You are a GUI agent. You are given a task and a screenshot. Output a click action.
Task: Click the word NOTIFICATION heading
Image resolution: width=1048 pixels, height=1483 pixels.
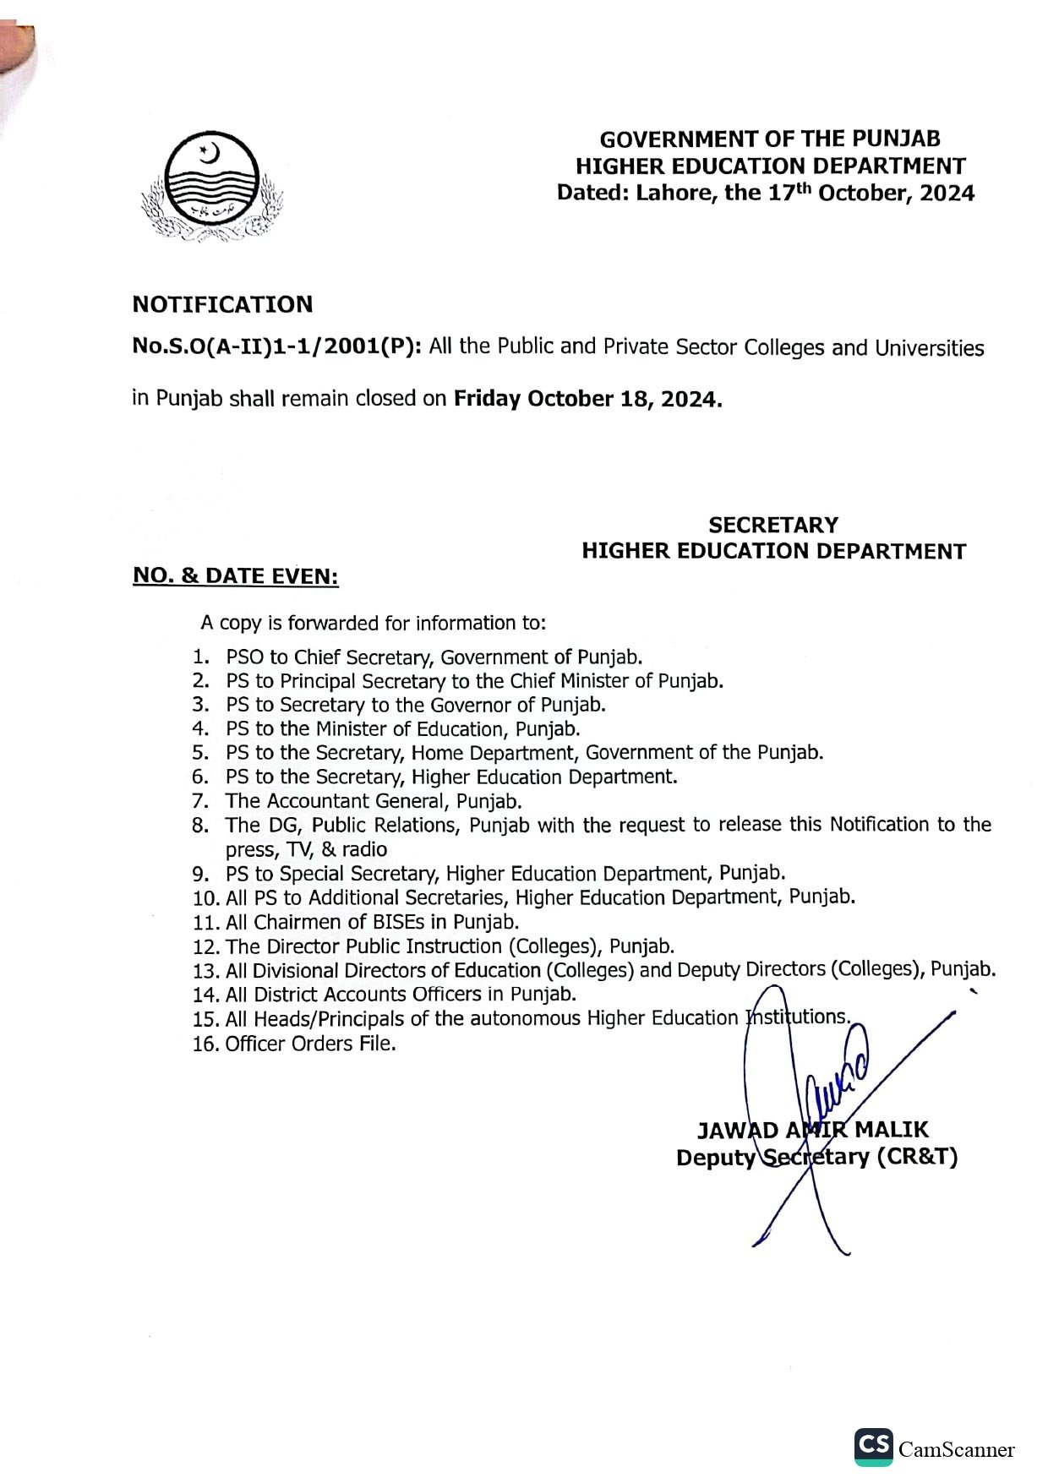pyautogui.click(x=222, y=304)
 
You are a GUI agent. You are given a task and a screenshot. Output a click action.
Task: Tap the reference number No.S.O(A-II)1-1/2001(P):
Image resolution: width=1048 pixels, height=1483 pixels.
pyautogui.click(x=276, y=347)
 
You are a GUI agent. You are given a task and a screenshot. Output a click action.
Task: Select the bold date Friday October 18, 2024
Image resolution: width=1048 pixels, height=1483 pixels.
pyautogui.click(x=588, y=399)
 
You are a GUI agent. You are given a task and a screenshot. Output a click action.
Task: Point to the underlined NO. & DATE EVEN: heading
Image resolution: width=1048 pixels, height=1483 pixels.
pyautogui.click(x=235, y=576)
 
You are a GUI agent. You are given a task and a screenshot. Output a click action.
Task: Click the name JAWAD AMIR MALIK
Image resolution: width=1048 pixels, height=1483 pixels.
pyautogui.click(x=812, y=1130)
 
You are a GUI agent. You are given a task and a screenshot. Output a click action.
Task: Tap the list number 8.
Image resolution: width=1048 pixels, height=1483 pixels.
pyautogui.click(x=200, y=826)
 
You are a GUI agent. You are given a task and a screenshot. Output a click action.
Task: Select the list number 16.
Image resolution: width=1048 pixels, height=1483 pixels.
pyautogui.click(x=205, y=1044)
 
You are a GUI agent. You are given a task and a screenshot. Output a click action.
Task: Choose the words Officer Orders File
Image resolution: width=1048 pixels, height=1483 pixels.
pyautogui.click(x=310, y=1044)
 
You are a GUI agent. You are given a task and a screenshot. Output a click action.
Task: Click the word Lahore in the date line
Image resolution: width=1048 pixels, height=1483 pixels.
pyautogui.click(x=666, y=194)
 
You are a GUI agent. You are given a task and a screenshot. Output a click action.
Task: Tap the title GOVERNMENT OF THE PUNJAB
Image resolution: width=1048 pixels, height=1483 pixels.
pyautogui.click(x=769, y=139)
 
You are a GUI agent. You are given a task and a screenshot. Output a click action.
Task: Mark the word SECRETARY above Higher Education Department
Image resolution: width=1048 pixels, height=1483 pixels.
pyautogui.click(x=773, y=526)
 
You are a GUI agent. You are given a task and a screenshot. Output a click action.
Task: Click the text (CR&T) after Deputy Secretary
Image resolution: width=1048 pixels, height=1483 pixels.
pyautogui.click(x=917, y=1157)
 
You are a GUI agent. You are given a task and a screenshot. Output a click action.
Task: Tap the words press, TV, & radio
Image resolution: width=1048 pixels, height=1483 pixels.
pyautogui.click(x=306, y=849)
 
